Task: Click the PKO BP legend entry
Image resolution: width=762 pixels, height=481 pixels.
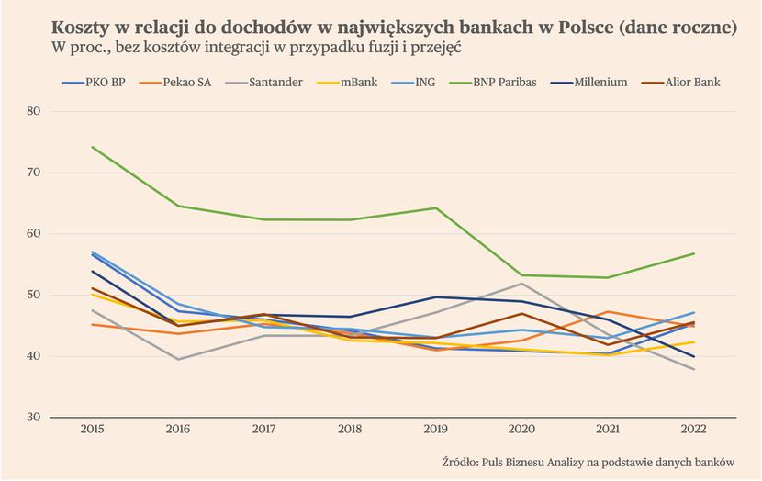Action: pos(94,83)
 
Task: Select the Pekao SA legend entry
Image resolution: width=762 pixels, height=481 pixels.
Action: pos(175,83)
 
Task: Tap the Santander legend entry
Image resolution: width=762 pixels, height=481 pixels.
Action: pos(263,83)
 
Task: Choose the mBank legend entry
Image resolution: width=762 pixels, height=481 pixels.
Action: pos(346,83)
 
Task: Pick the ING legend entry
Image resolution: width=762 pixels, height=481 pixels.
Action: pos(412,83)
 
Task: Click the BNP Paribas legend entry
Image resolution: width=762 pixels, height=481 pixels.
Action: pos(492,83)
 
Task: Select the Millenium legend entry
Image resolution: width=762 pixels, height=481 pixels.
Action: pos(588,83)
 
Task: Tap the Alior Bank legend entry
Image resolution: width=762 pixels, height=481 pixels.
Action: pos(680,83)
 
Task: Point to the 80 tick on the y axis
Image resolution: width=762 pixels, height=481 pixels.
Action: pos(34,111)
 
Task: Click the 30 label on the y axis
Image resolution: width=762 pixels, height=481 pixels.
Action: pos(34,417)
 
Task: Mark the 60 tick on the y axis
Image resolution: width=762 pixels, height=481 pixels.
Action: pos(34,234)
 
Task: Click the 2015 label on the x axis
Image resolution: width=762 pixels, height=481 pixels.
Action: pos(92,429)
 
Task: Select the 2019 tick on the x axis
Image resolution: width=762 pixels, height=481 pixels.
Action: pos(436,429)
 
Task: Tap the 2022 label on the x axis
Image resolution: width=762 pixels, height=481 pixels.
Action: pos(694,429)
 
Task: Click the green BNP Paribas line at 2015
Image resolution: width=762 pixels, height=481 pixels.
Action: pos(92,147)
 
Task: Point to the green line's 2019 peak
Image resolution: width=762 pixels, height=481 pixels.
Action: pos(436,208)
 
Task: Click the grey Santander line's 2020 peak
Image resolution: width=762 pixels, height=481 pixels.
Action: pos(522,284)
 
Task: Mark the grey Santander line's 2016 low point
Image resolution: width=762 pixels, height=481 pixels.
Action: pos(178,360)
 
